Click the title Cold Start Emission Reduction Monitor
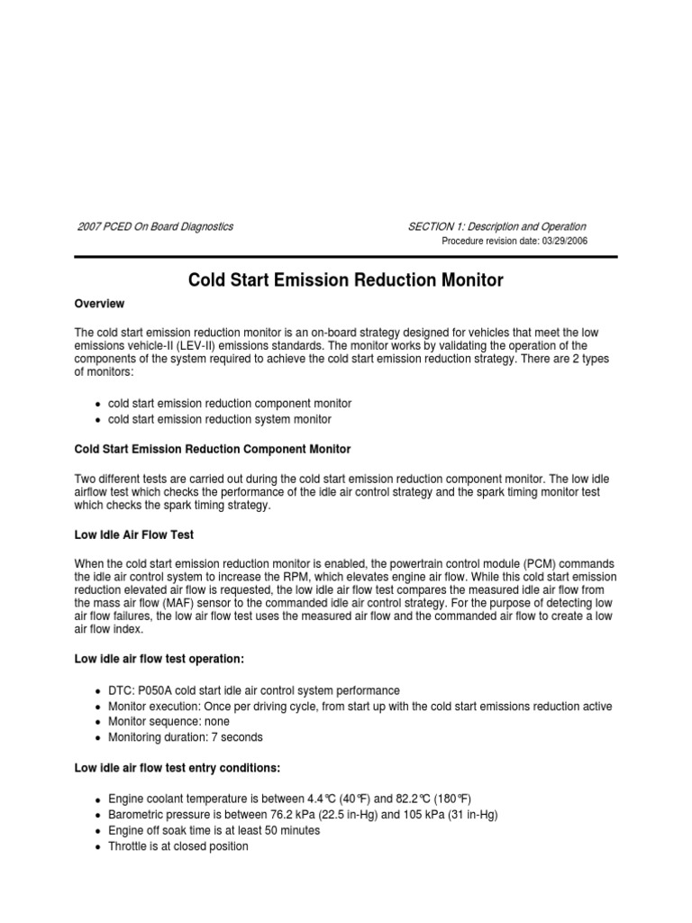[x=345, y=280]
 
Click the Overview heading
[x=99, y=304]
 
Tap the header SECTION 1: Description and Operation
[x=496, y=226]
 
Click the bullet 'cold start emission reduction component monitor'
[x=230, y=403]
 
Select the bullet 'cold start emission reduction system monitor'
[x=220, y=419]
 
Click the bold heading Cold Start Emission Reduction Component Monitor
[x=213, y=449]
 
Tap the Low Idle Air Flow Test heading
[x=134, y=535]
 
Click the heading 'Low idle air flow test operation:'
[x=159, y=658]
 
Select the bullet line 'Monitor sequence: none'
[x=168, y=721]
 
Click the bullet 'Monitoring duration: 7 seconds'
[x=186, y=737]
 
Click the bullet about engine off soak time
[x=214, y=830]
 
